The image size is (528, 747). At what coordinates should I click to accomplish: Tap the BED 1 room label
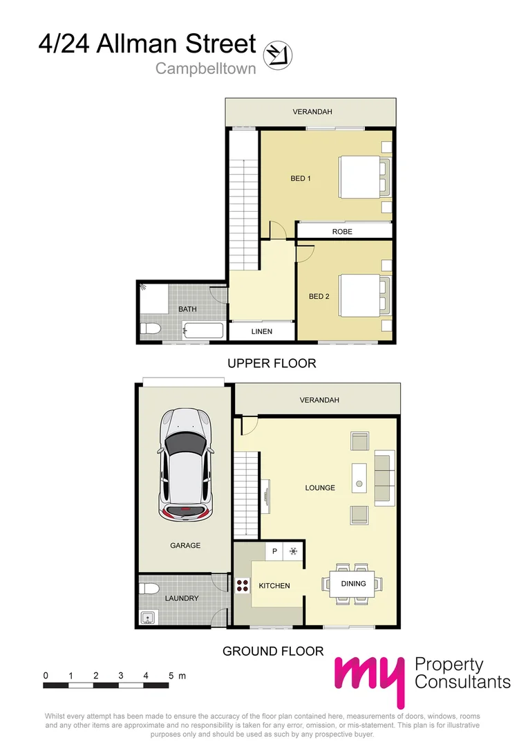tap(301, 178)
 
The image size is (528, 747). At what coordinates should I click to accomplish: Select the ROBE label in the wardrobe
tap(342, 232)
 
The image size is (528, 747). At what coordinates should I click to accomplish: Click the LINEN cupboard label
tap(261, 332)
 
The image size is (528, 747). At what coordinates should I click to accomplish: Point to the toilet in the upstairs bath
tap(150, 328)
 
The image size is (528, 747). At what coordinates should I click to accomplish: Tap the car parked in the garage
tap(185, 465)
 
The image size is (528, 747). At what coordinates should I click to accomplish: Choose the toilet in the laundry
tap(146, 589)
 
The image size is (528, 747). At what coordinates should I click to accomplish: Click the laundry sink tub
tap(147, 617)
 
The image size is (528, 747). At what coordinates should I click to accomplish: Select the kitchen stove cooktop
tap(242, 586)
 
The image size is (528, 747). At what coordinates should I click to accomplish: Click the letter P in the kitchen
tap(274, 551)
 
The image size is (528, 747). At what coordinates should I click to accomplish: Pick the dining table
tap(353, 584)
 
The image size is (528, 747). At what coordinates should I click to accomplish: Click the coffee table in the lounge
tap(359, 477)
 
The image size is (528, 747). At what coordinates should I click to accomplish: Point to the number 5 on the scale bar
tap(169, 675)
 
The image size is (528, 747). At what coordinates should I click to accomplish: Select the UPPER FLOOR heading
tap(272, 363)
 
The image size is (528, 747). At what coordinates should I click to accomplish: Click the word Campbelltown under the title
tap(205, 68)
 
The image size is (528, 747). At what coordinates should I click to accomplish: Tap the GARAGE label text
tap(185, 545)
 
